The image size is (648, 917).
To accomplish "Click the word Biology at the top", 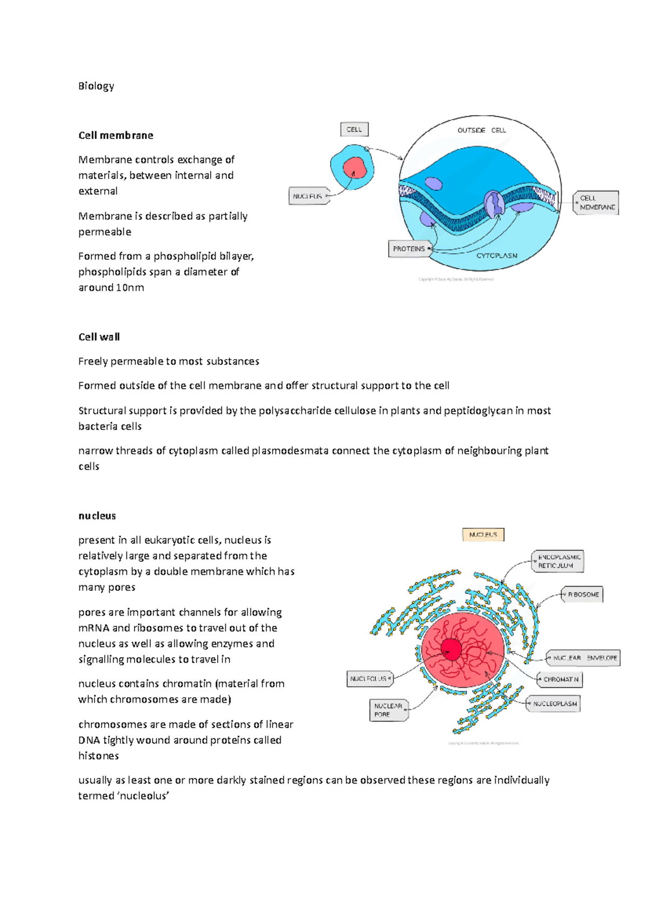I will (96, 86).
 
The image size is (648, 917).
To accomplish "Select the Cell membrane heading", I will (116, 135).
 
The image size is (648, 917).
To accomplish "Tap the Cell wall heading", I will (99, 336).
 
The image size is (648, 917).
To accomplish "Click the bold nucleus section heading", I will (97, 515).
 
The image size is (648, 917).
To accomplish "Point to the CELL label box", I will (354, 130).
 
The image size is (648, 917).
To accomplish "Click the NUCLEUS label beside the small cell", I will (308, 196).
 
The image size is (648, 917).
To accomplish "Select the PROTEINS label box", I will (409, 249).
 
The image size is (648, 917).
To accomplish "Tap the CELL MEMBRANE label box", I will (596, 203).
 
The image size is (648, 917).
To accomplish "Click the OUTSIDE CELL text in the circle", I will (481, 130).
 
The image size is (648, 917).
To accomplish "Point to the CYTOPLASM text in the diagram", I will (496, 255).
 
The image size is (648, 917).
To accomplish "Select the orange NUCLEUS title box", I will (483, 535).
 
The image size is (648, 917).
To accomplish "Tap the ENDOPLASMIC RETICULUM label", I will (558, 561).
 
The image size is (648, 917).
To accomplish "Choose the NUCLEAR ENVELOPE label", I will (584, 658).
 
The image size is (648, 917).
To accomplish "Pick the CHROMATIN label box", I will (560, 679).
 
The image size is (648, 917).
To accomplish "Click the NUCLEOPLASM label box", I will (554, 704).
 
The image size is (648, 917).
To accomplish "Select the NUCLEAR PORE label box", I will (388, 710).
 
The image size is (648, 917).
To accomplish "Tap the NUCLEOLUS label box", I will (369, 678).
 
